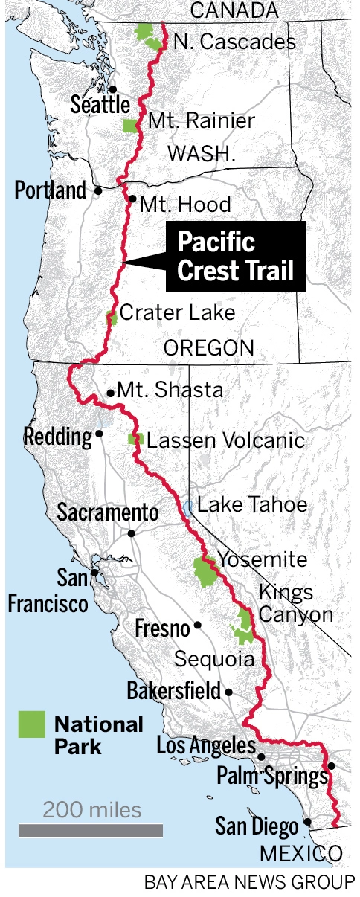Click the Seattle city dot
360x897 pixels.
click(x=113, y=89)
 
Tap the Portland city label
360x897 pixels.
click(x=51, y=190)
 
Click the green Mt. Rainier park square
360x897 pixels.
click(x=130, y=125)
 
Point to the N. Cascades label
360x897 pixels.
click(x=234, y=42)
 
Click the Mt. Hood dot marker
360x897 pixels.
click(x=132, y=199)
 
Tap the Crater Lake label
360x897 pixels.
click(x=177, y=312)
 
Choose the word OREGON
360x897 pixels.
click(x=209, y=347)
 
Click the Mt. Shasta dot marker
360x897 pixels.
click(x=111, y=393)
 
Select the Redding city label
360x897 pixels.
click(x=57, y=436)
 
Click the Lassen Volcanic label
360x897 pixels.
click(x=225, y=440)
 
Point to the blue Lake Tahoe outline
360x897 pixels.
click(x=187, y=507)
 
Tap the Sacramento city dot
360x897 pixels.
click(x=131, y=533)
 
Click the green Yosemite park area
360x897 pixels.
click(x=203, y=571)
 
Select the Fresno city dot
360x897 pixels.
click(x=198, y=626)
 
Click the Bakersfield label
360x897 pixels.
click(x=173, y=690)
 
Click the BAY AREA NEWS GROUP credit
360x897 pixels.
click(x=249, y=883)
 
